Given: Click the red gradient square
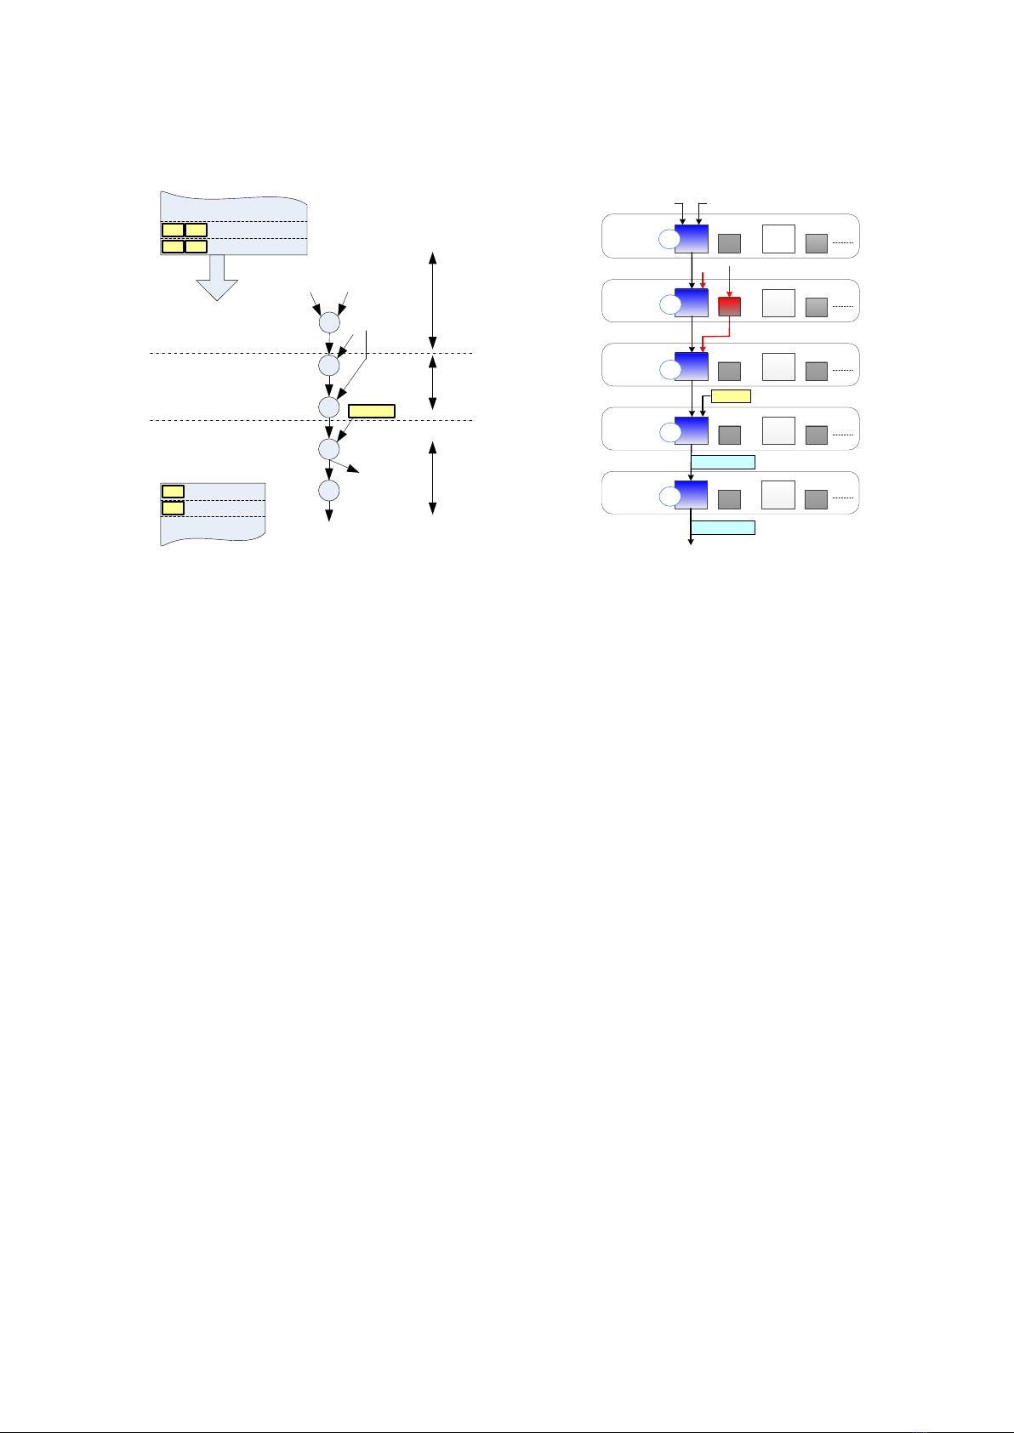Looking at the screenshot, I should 729,307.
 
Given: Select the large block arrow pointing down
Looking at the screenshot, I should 218,278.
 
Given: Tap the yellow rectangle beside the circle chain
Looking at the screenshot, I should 372,412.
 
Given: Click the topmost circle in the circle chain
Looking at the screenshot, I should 329,323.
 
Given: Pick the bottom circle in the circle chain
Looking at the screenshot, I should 329,491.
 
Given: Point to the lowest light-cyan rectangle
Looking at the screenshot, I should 722,527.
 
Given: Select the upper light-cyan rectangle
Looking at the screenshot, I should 722,462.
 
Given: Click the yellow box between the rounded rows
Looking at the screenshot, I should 731,395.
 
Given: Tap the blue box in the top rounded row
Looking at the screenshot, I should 691,239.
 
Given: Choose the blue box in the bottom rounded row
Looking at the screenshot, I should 691,495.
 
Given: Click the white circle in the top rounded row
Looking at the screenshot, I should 670,240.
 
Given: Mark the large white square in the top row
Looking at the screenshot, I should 778,239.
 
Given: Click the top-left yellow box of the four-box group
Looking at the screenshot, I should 173,230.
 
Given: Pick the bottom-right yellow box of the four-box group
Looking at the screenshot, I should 196,247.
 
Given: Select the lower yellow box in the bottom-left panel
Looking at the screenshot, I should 173,508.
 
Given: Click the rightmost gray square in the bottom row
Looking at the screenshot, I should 816,499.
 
